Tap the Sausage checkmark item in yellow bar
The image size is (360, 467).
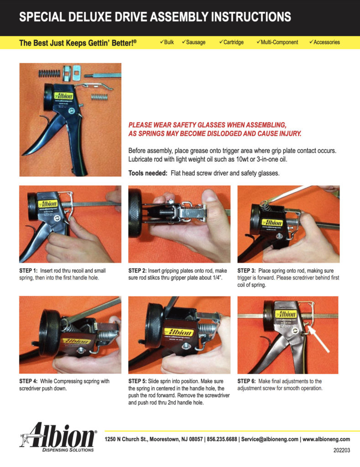click(194, 42)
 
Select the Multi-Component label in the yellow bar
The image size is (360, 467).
click(277, 42)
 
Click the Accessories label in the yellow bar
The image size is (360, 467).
click(324, 42)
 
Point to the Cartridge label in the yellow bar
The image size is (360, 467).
click(231, 42)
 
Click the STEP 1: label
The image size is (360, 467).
click(29, 271)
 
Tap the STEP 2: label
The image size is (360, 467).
click(137, 271)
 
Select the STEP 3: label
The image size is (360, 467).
click(246, 271)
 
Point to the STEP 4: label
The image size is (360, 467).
click(29, 381)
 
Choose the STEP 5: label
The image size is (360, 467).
click(137, 381)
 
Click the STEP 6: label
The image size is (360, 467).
click(246, 381)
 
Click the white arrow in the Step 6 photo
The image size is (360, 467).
click(318, 339)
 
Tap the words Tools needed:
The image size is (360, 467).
click(148, 173)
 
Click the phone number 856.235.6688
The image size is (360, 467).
click(222, 439)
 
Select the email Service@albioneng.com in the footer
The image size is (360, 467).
click(270, 439)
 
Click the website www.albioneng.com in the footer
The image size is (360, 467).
click(326, 439)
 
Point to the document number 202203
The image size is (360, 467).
click(342, 450)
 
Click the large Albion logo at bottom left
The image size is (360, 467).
click(58, 436)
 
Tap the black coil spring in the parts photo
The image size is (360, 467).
click(49, 73)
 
